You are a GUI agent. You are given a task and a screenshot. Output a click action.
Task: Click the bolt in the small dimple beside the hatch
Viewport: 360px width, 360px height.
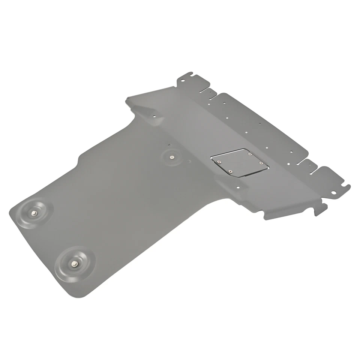click(x=172, y=157)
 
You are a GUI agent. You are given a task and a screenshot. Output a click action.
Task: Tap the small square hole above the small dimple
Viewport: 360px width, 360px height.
click(x=169, y=144)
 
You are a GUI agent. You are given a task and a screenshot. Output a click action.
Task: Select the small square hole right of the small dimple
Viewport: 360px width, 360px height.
click(x=190, y=161)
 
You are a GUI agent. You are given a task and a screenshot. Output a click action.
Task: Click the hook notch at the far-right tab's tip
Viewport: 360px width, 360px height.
click(x=347, y=186)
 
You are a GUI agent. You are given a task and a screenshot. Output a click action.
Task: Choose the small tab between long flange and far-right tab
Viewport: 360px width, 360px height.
click(x=308, y=162)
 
